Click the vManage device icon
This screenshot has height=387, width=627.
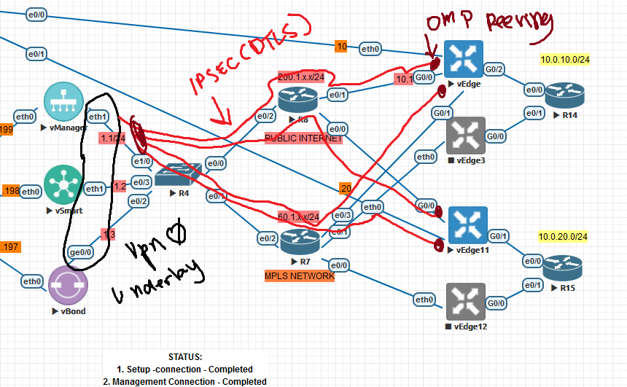[64, 103]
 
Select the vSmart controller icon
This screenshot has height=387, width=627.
[64, 185]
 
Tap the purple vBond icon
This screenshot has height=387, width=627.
[69, 284]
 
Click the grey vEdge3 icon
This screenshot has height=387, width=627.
[465, 136]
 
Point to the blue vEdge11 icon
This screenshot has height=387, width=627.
[465, 224]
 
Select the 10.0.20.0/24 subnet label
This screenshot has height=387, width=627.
[563, 237]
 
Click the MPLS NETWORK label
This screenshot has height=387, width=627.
[300, 276]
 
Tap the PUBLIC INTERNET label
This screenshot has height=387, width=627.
[303, 138]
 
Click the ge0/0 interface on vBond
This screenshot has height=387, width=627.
[79, 252]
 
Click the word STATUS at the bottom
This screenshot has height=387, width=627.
[184, 357]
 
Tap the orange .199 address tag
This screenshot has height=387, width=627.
[7, 130]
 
